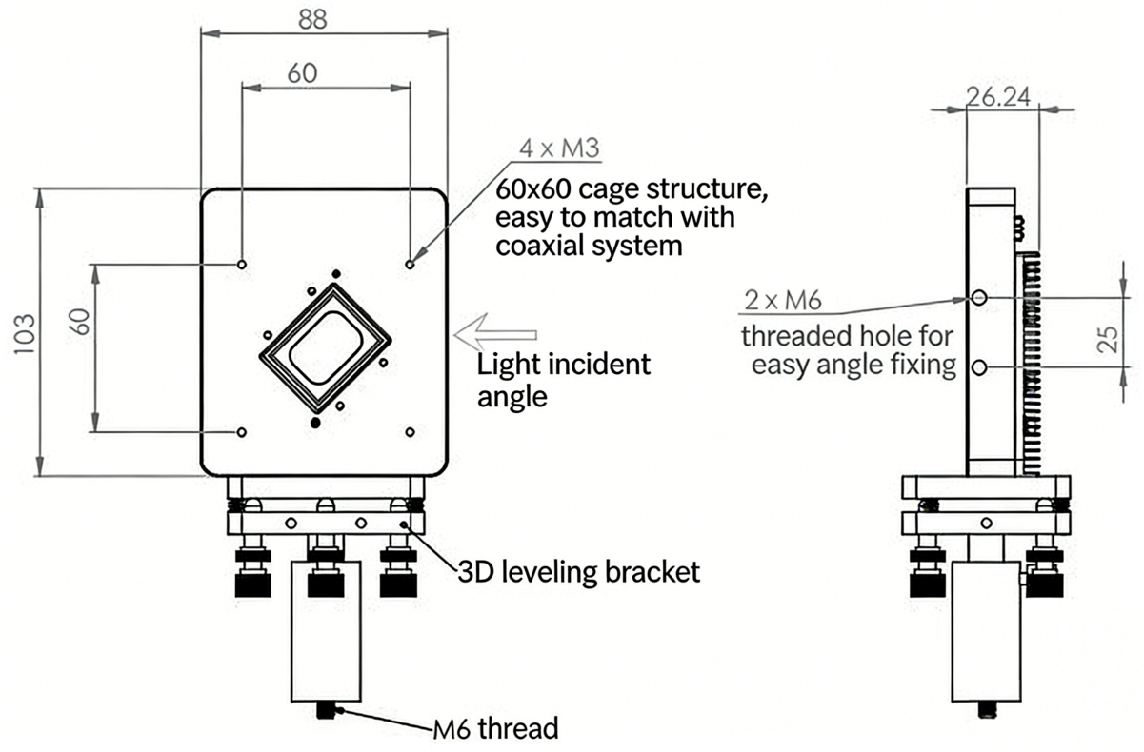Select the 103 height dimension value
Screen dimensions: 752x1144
coord(26,332)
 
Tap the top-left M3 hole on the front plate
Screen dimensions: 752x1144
coord(242,264)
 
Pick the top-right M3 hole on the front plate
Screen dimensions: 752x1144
coord(410,264)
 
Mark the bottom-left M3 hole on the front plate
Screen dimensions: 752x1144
coord(242,432)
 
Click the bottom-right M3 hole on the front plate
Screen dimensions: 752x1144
coord(410,432)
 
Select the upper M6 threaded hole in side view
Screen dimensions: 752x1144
coord(979,298)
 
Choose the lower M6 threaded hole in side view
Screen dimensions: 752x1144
coord(979,366)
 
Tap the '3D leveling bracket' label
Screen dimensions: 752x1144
coord(576,571)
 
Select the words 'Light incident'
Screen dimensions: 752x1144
coord(563,364)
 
